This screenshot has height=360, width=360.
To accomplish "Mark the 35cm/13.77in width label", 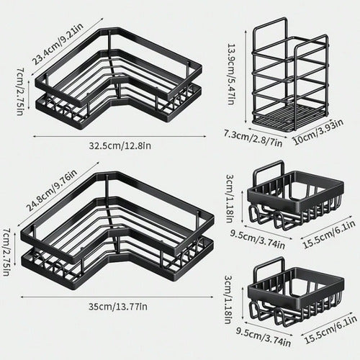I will pos(119,307).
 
